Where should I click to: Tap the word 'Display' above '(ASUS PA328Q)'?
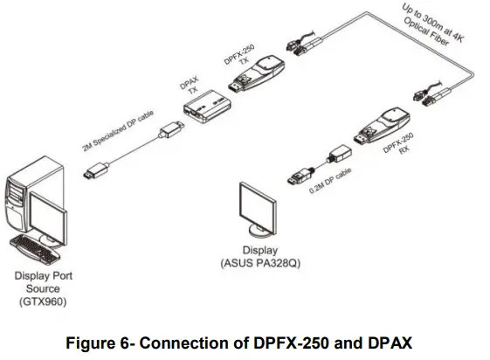260,251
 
